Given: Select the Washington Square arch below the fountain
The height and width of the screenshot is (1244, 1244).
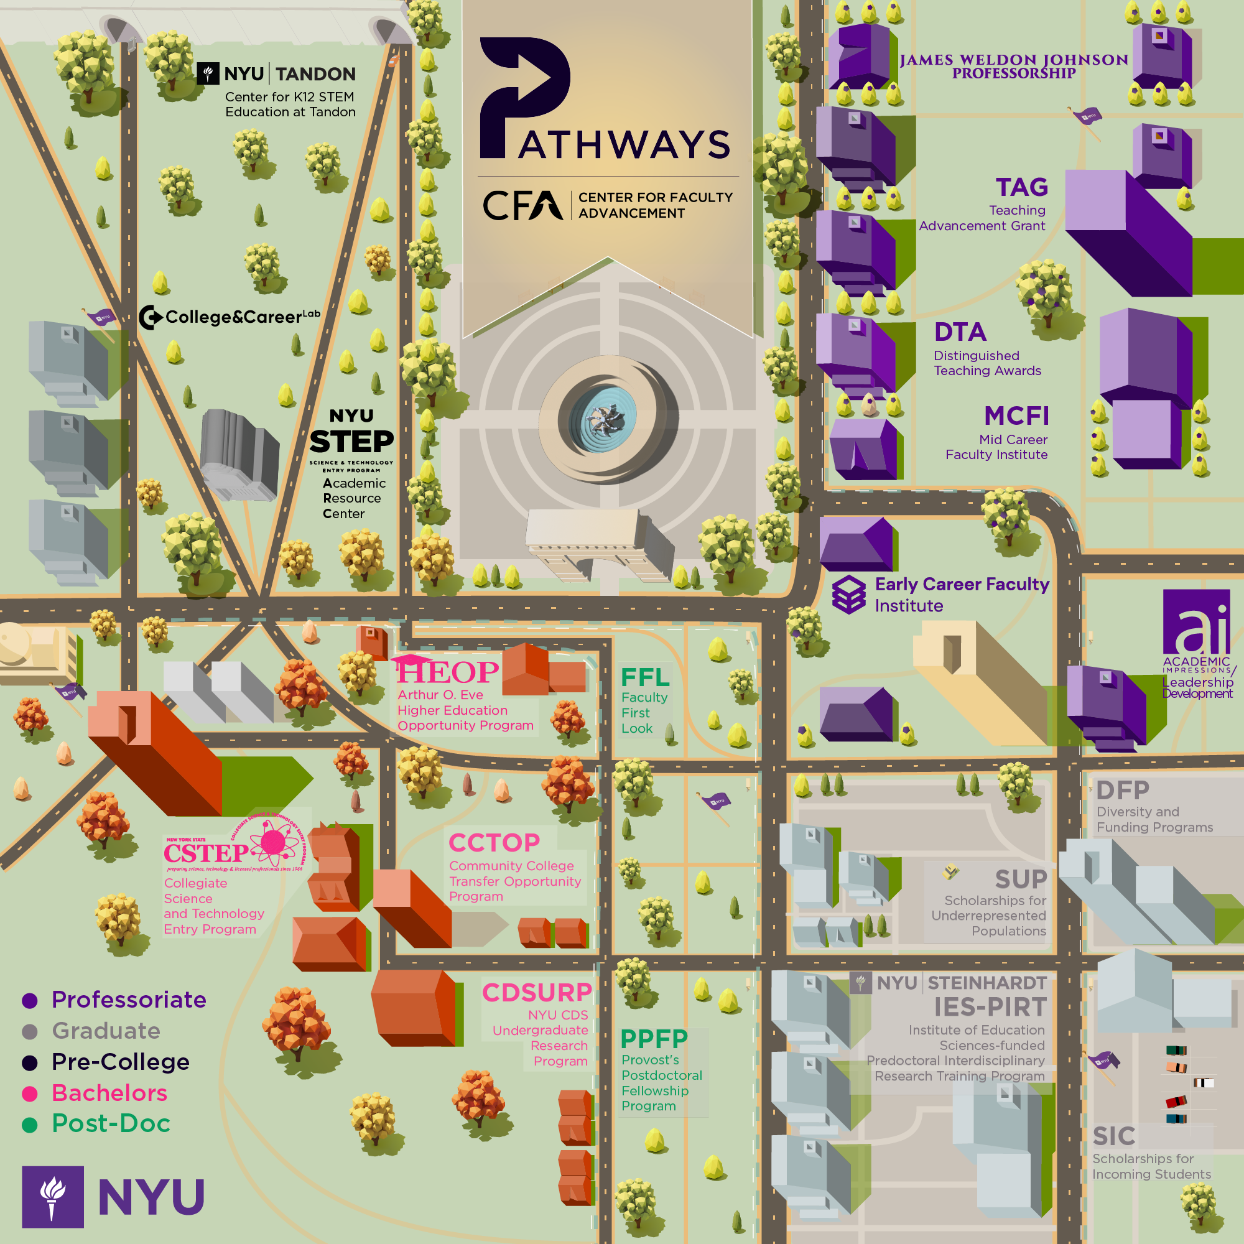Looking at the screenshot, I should [595, 544].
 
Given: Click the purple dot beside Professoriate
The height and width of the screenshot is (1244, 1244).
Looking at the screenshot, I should [30, 1000].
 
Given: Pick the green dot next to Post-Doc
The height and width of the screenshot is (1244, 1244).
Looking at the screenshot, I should [30, 1124].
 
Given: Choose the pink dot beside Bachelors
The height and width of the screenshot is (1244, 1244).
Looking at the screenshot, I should [30, 1093].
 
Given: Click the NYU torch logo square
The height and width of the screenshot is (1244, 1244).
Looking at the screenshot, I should [53, 1196].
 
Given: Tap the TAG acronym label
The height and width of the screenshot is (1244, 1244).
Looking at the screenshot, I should [1022, 187].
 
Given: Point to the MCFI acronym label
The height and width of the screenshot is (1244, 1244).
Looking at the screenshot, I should [1016, 416].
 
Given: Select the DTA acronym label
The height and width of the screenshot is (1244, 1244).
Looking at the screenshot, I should [960, 332].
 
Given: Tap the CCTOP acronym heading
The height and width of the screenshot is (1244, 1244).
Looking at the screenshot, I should [494, 843].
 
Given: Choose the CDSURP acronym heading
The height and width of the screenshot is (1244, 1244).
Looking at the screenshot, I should [537, 992].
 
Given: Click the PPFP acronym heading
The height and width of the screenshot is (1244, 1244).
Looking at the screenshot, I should [654, 1039].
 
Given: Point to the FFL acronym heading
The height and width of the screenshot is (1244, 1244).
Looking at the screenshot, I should [645, 677].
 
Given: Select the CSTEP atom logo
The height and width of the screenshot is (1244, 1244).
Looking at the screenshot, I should [273, 842].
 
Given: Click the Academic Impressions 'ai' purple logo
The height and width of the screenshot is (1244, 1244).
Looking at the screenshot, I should [1196, 622].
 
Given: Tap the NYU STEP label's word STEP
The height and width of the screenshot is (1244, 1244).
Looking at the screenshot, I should [351, 442].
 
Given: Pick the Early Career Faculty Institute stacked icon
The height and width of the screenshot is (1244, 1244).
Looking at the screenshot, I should [848, 594].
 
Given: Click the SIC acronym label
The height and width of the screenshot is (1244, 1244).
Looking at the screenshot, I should [1114, 1136].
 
